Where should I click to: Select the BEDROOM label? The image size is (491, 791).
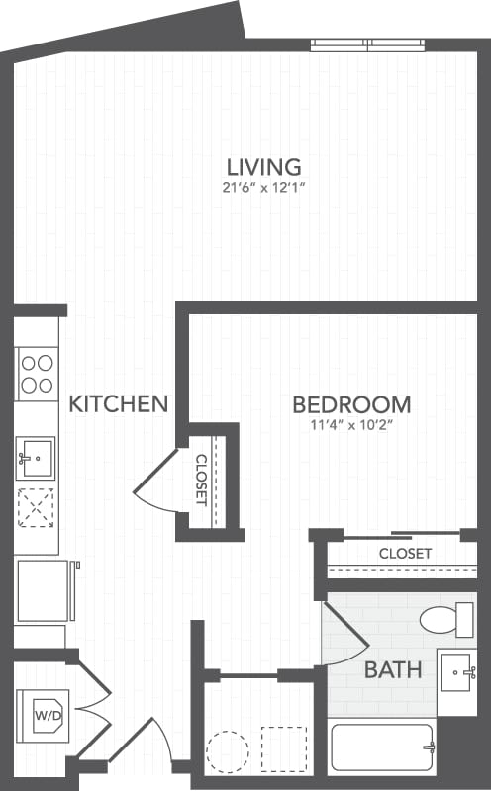(x=351, y=404)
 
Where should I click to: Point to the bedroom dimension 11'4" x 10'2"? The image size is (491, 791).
(x=351, y=426)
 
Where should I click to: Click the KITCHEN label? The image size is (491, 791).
(x=118, y=403)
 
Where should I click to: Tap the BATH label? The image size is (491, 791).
(x=393, y=670)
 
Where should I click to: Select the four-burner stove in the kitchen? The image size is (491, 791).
(x=37, y=374)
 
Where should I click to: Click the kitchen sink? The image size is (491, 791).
(x=36, y=457)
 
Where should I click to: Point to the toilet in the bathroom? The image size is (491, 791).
(x=446, y=620)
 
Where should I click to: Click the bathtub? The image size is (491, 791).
(x=382, y=747)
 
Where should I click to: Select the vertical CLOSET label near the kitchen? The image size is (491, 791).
(x=201, y=479)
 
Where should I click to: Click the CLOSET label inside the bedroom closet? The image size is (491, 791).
(x=405, y=554)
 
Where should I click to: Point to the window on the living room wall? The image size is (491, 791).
(x=368, y=44)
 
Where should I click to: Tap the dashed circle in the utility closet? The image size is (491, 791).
(x=227, y=750)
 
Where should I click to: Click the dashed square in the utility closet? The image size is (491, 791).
(x=283, y=748)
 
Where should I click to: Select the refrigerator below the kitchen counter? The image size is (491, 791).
(x=43, y=591)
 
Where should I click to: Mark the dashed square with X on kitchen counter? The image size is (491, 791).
(x=36, y=506)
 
